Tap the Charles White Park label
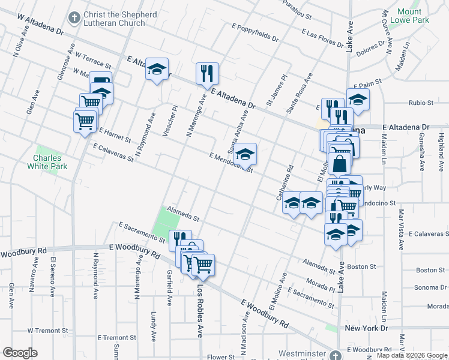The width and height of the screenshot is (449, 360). [x=47, y=163]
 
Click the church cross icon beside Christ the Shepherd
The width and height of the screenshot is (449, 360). [x=74, y=18]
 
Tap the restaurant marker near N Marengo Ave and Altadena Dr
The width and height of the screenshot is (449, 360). [x=206, y=73]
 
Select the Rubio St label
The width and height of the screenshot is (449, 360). [x=421, y=103]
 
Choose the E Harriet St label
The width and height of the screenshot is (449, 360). [x=115, y=135]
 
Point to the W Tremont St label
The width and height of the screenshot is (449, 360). [x=47, y=331]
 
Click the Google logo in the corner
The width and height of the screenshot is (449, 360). [x=19, y=353]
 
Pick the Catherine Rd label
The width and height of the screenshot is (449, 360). [x=285, y=184]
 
